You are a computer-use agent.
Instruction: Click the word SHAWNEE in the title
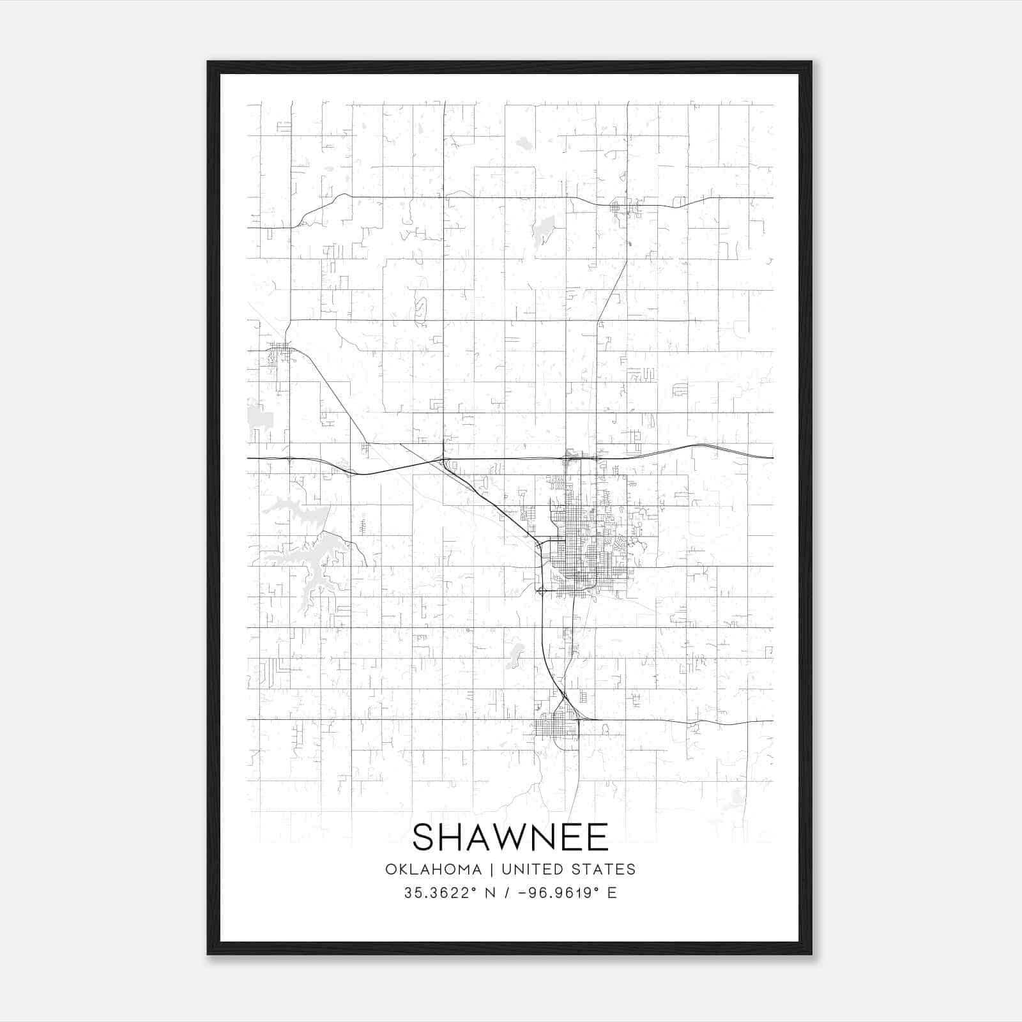click(x=510, y=837)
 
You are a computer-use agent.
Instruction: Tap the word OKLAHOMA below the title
click(x=433, y=869)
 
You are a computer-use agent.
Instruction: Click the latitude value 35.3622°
click(x=440, y=893)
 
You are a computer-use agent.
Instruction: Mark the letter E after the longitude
click(x=612, y=893)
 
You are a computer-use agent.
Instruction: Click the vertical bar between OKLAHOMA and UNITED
click(x=492, y=869)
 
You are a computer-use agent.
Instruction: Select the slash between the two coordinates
click(x=507, y=893)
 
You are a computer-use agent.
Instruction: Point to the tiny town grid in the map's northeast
click(x=618, y=207)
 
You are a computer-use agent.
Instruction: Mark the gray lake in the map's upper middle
click(x=544, y=228)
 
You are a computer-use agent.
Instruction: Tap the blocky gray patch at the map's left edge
click(x=259, y=416)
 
